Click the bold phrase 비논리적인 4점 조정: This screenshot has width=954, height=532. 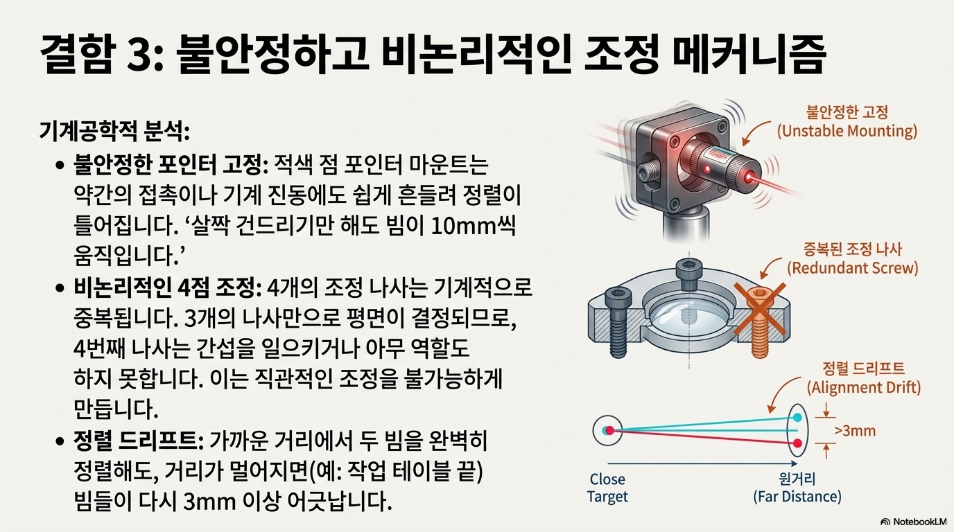(166, 288)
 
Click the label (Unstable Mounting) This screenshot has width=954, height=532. (847, 131)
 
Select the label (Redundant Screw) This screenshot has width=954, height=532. (852, 267)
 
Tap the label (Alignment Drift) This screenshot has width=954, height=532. (863, 387)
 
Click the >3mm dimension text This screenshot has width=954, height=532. (855, 431)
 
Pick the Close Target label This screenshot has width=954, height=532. (607, 488)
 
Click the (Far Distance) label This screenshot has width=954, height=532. (797, 497)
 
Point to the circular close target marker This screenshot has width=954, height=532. (608, 430)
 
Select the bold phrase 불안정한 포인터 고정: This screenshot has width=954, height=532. (171, 166)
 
